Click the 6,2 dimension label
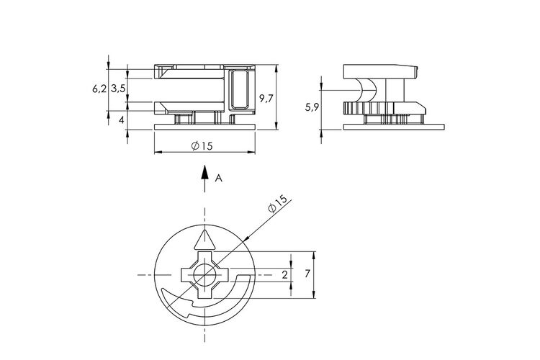coord(99,89)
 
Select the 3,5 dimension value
coord(118,89)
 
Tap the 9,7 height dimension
coord(266,99)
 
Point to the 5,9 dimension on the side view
coord(312,108)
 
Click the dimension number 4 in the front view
coord(121,120)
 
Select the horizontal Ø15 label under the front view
coord(202,146)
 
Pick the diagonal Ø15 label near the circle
coord(278,204)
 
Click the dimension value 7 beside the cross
coord(307,274)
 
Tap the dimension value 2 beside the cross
coord(284,275)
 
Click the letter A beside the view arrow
coord(218,178)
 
